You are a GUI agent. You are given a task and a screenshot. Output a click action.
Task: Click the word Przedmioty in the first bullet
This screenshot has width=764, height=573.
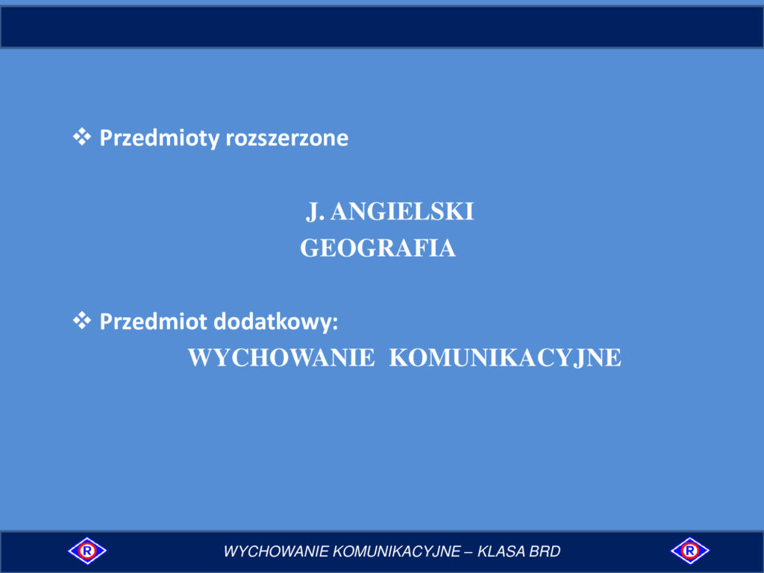click(160, 138)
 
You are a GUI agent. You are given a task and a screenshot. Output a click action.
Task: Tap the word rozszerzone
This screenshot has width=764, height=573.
click(287, 138)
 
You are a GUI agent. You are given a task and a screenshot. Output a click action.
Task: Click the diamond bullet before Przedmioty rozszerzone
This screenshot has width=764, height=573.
click(82, 137)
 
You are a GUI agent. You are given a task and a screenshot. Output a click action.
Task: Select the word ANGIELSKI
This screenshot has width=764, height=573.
click(402, 211)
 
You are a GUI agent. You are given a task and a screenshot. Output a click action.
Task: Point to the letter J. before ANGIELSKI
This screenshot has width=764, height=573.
click(315, 212)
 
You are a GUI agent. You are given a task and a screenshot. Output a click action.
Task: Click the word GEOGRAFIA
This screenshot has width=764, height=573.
click(378, 248)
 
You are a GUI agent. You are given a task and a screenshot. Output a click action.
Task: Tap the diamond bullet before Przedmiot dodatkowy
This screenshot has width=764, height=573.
click(82, 321)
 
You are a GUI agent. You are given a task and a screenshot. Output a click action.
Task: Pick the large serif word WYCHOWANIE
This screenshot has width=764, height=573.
click(281, 357)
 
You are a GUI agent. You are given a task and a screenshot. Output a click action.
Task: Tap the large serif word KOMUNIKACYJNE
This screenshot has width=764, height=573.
click(505, 357)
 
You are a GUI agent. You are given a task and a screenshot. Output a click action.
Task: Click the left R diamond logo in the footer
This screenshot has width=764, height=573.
click(87, 551)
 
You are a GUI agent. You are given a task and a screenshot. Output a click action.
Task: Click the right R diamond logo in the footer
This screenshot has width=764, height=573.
click(690, 551)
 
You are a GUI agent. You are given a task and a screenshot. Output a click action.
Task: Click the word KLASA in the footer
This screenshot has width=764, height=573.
click(501, 551)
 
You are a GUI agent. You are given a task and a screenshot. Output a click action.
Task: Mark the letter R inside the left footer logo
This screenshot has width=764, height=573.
click(87, 551)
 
